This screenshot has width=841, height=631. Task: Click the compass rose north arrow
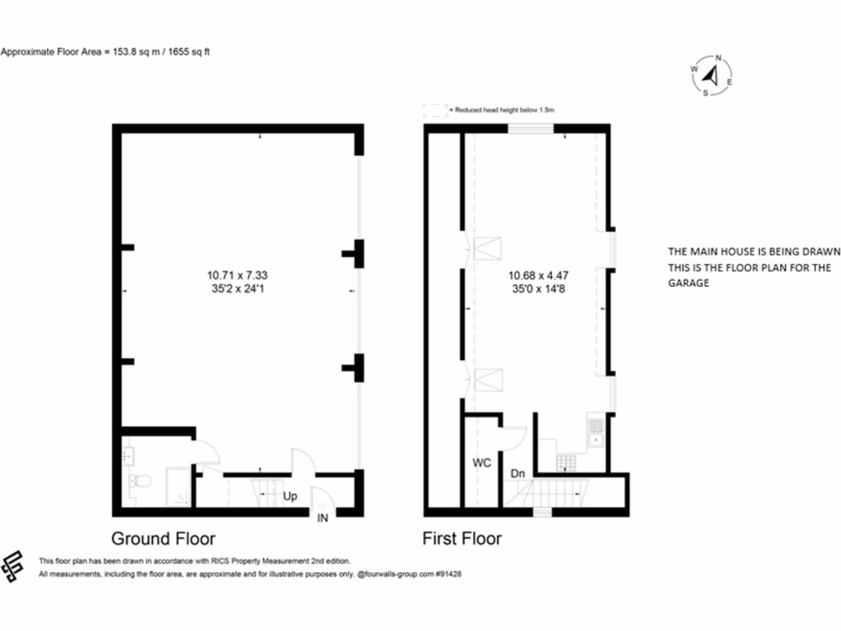(712, 76)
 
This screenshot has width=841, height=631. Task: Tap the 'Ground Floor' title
(163, 539)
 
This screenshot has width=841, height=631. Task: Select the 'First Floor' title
(462, 539)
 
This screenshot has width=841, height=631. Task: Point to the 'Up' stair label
(290, 497)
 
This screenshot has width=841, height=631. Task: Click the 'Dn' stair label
(518, 473)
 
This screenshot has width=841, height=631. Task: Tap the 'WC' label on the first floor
(481, 463)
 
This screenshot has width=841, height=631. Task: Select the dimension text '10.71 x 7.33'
(237, 275)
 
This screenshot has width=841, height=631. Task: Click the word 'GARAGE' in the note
(688, 283)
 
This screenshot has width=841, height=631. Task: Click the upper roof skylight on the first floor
(489, 246)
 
